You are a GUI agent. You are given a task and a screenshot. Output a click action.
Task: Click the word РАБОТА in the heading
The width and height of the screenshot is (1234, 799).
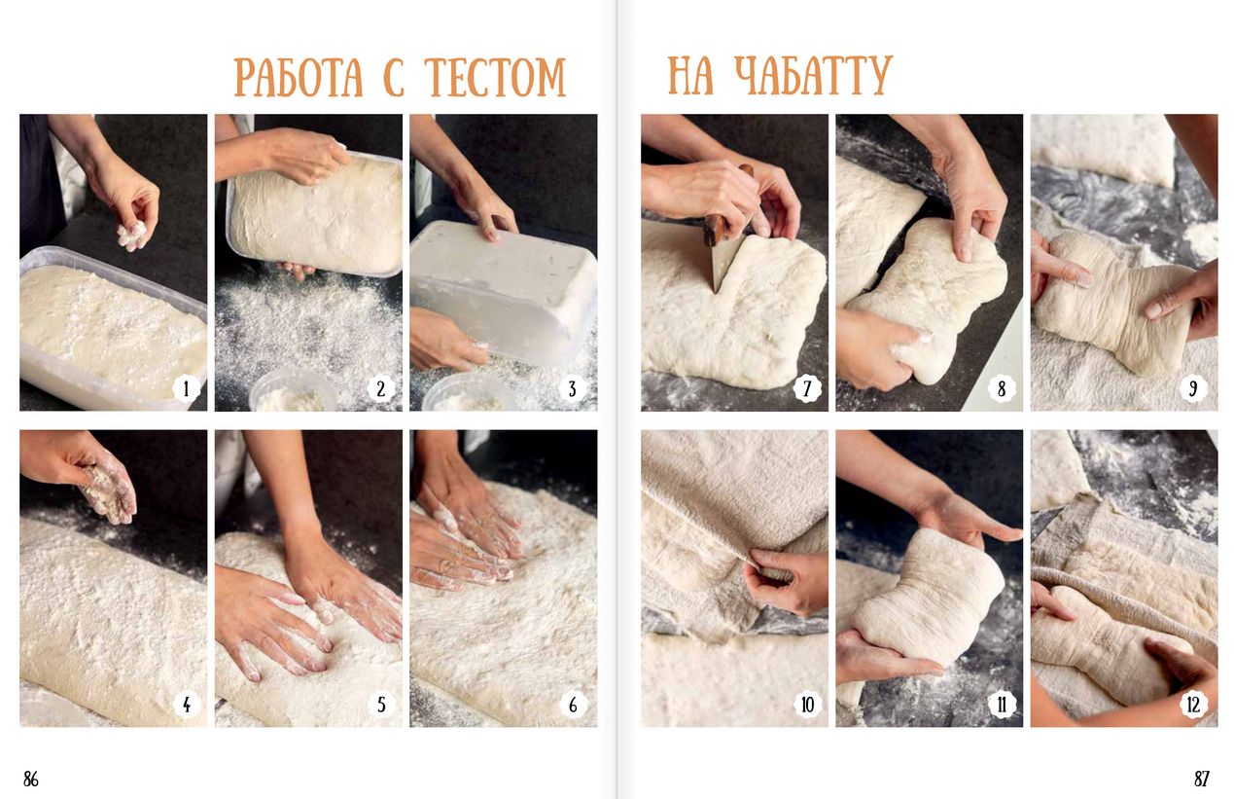299,77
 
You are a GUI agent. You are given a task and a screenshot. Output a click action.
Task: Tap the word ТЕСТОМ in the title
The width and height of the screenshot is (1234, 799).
496,77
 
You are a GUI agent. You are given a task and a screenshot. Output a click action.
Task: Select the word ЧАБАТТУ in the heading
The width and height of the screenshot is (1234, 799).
813,75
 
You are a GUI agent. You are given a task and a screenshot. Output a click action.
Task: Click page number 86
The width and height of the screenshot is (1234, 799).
31,779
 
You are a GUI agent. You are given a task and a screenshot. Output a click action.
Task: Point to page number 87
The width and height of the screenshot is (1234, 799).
1202,779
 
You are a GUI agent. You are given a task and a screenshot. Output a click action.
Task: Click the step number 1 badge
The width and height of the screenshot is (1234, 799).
186,388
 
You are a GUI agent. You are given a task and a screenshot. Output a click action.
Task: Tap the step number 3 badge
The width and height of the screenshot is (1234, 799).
573,388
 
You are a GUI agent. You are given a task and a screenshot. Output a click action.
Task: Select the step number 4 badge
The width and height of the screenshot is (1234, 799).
186,705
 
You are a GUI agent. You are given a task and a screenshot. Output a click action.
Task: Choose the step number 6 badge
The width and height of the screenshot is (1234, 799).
573,705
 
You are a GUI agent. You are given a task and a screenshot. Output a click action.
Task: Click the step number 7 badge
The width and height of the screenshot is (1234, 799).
808,388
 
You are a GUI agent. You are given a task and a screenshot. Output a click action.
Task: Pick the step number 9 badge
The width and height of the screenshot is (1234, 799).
1193,388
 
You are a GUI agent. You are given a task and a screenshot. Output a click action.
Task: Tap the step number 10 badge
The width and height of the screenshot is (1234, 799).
808,705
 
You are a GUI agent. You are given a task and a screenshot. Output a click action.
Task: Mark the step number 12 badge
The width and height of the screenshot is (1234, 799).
1193,705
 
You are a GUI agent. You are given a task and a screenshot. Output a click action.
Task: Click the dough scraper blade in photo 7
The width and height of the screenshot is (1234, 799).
723,262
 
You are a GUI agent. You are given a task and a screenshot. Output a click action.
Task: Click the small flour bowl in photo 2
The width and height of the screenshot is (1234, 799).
292,391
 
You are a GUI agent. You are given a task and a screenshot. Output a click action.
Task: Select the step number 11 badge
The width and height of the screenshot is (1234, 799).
1001,705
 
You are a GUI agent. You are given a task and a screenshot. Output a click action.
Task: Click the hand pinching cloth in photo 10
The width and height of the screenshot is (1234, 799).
785,582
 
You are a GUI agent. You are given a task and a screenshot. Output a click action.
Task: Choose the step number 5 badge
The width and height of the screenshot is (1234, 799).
381,705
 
